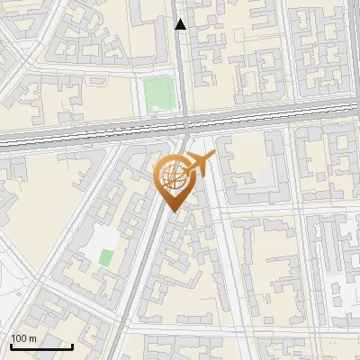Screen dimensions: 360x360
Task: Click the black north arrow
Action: tap(181, 25)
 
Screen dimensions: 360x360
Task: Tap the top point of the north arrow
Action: tap(181, 20)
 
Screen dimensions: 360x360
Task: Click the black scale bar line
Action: tap(41, 347)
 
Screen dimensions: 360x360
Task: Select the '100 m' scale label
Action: tap(23, 338)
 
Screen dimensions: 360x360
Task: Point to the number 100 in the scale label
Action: tap(19, 338)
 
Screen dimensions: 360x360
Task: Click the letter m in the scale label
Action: tap(32, 338)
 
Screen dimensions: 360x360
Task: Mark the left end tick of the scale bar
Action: tap(11, 346)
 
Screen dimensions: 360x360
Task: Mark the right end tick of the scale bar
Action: tap(72, 346)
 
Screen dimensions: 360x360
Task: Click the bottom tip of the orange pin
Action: tap(175, 211)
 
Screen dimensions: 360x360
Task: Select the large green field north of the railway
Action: tap(157, 92)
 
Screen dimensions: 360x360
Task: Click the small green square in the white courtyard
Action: tap(106, 257)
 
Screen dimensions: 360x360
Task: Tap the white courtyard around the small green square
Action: tap(101, 241)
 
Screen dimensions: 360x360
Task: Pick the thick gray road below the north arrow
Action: tap(182, 72)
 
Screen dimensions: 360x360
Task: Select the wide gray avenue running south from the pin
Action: tap(144, 270)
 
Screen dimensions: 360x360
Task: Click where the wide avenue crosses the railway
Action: tap(184, 126)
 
